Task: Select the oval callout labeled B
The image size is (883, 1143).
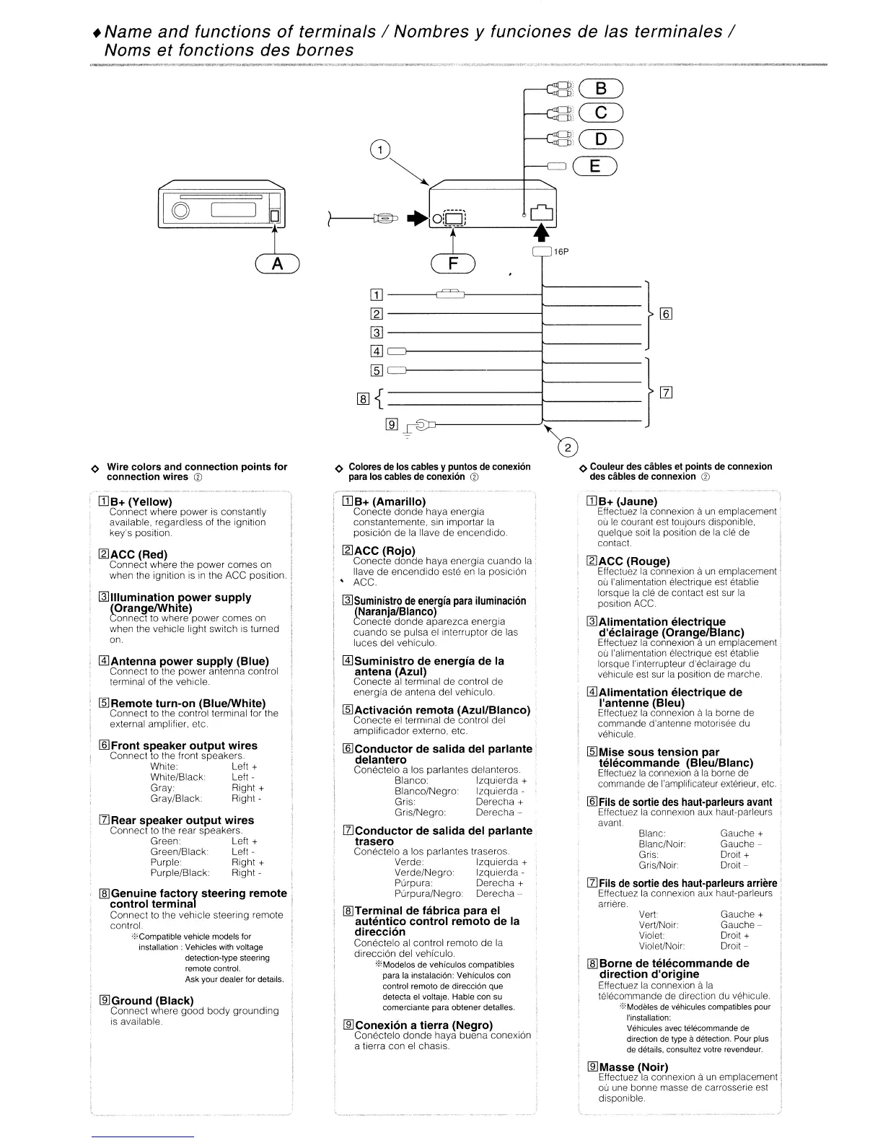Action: point(600,89)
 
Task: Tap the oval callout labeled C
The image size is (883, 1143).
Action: point(600,113)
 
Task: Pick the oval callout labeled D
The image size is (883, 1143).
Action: point(600,139)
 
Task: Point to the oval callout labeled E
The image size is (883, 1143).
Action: point(595,166)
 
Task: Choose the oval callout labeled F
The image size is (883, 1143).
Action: point(452,264)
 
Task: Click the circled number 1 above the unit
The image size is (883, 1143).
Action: point(379,151)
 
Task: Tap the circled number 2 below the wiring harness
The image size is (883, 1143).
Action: point(568,448)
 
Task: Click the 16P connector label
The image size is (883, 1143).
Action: point(561,252)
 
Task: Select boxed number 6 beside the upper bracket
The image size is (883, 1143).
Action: point(666,314)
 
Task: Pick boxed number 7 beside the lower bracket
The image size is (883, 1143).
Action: point(666,393)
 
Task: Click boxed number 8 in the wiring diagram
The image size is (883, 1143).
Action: point(363,398)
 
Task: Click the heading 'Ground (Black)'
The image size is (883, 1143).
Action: point(151,1000)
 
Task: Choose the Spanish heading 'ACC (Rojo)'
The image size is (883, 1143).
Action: point(384,551)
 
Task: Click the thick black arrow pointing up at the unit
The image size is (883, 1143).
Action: point(542,232)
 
